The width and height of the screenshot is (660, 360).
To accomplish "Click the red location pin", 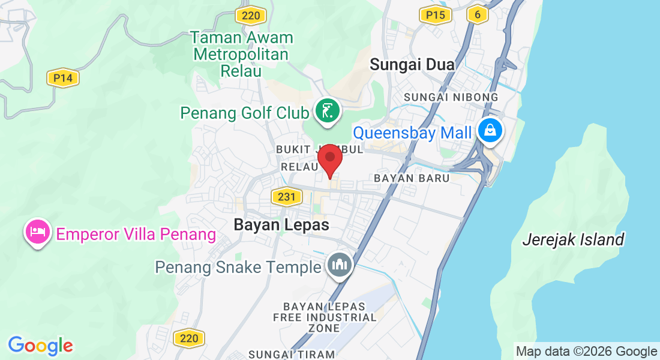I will tap(329, 159).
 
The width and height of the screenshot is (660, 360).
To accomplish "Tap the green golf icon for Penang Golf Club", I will tap(327, 111).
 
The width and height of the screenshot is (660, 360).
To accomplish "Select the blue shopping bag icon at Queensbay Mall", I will tap(490, 129).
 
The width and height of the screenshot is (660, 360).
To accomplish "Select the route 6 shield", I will tap(477, 14).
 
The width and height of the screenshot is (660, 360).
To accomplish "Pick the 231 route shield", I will tap(286, 196).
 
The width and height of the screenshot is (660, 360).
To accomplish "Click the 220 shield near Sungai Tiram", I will tap(188, 338).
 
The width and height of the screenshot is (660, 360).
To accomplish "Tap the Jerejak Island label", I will tap(573, 240).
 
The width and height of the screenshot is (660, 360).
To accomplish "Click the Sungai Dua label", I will tap(412, 64).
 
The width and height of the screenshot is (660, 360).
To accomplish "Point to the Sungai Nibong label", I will tap(451, 97).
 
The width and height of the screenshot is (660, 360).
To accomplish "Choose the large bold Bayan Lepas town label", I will tap(281, 225).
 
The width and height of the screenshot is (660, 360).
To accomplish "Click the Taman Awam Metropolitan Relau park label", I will tap(241, 54).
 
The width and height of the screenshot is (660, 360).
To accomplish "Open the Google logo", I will tap(40, 346).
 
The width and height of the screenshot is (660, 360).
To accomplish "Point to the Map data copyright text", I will tap(586, 352).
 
